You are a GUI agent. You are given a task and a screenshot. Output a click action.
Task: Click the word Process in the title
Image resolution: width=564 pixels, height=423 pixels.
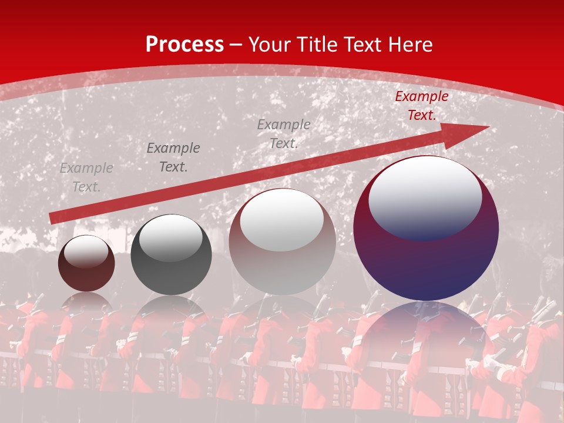tap(184, 45)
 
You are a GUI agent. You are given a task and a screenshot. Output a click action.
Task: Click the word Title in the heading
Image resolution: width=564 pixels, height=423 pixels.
tap(317, 45)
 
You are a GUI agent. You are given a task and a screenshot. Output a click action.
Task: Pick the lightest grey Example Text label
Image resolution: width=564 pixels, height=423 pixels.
tap(86, 177)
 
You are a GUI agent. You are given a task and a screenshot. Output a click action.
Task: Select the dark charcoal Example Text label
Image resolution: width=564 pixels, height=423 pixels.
tap(173, 157)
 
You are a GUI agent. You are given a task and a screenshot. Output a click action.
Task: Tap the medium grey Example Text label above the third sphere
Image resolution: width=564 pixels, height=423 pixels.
tap(284, 133)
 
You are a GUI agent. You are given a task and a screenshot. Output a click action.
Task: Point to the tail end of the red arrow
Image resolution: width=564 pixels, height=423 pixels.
tap(53, 219)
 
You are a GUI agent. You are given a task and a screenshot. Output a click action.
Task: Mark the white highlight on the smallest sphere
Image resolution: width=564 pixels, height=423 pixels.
tap(86, 251)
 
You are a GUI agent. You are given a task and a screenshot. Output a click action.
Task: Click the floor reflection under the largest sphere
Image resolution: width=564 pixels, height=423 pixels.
tap(426, 335)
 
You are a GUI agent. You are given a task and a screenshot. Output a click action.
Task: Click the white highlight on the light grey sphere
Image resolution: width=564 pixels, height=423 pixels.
tap(282, 219)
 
